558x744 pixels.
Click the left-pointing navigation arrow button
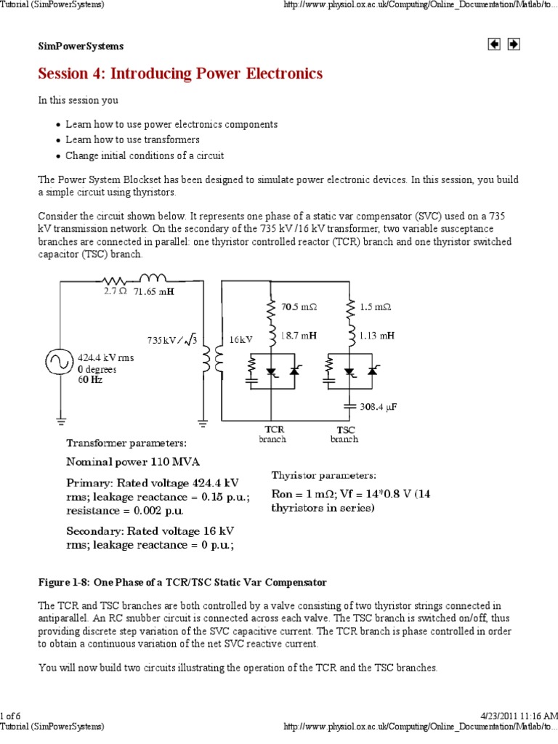(495, 44)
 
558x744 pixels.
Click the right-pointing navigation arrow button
(513, 44)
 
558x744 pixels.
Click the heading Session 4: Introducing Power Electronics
(180, 74)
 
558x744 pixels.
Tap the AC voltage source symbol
(58, 361)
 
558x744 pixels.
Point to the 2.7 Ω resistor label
(115, 291)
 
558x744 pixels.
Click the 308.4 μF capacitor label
(379, 407)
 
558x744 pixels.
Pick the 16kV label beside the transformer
(240, 339)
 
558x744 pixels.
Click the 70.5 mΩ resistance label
(299, 307)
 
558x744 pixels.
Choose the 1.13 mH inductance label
(378, 336)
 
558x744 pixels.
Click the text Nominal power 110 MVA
(133, 461)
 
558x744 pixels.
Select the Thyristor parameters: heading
(324, 475)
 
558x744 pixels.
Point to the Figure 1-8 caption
(182, 583)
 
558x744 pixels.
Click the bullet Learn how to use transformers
(132, 139)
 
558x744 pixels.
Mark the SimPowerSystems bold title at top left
(81, 46)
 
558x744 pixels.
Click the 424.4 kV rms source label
(106, 358)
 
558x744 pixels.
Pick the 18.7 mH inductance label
(299, 336)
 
